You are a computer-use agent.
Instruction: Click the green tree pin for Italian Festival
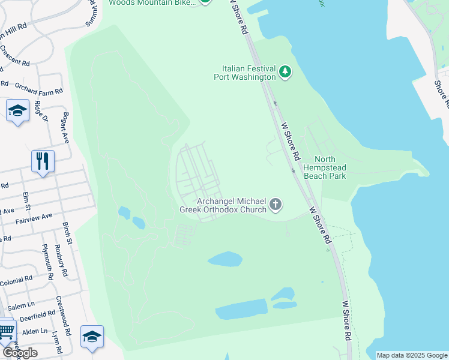pos(285,73)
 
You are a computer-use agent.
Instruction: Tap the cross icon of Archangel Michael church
pos(276,205)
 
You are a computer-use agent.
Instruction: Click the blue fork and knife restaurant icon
pos(43,161)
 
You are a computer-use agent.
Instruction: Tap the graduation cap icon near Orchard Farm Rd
pos(18,110)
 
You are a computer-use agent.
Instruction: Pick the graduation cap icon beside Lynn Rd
pos(92,337)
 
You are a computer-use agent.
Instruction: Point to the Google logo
pos(19,353)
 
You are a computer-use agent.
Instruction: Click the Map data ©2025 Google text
pos(412,355)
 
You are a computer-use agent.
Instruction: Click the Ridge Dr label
pos(41,111)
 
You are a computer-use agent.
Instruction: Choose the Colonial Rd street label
pos(17,280)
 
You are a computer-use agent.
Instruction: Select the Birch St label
pos(67,233)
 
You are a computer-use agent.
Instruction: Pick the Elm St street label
pos(26,200)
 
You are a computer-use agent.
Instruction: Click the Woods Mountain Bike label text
pos(152,2)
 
